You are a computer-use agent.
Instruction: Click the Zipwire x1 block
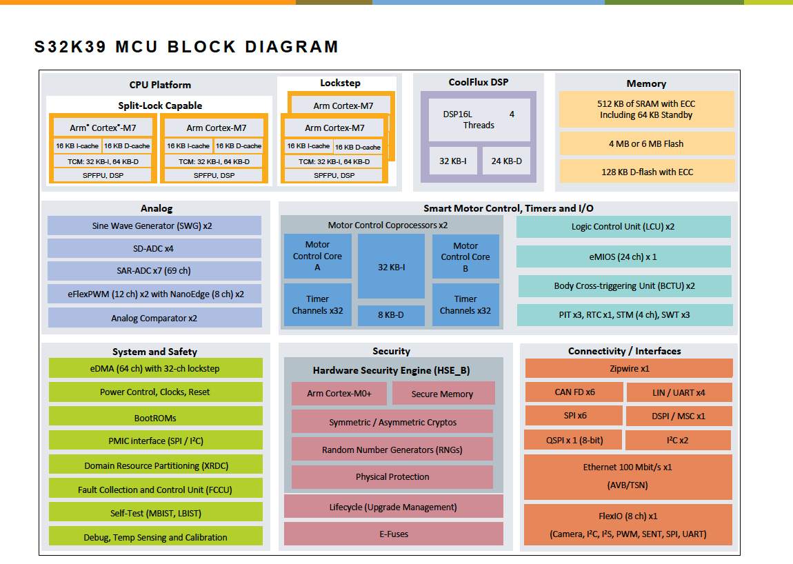pos(628,368)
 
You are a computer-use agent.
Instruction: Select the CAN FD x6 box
pos(574,392)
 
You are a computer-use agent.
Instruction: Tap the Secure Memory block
pos(443,394)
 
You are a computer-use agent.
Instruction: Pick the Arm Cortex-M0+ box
pos(339,394)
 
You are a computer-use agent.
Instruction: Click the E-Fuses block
pos(393,533)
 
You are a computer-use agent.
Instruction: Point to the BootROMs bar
pos(155,417)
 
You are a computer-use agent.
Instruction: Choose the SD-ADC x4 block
pos(154,248)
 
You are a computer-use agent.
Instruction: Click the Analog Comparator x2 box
pos(154,318)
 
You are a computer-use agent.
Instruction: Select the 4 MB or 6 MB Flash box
pos(645,143)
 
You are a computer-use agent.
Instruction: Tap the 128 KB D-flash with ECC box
pos(645,172)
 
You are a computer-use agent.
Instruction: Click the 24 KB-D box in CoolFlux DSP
pos(506,161)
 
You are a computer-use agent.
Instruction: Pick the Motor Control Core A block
pos(317,256)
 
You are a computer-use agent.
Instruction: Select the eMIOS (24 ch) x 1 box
pos(623,256)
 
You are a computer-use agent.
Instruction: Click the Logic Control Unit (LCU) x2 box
pos(623,227)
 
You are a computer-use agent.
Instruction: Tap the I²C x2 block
pos(678,440)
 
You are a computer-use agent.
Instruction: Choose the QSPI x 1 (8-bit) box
pos(574,440)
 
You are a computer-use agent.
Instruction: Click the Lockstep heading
pos(340,83)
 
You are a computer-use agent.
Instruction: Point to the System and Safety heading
pos(154,352)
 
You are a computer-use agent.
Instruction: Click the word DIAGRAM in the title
pos(292,47)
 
